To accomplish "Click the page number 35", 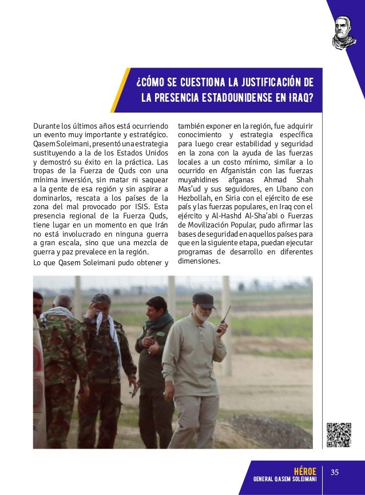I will click(335, 472).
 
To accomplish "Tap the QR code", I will click(338, 434).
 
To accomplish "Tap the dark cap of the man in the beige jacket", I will click(203, 298).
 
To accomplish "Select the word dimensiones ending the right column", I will click(199, 261).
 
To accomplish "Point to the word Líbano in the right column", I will click(284, 188).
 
